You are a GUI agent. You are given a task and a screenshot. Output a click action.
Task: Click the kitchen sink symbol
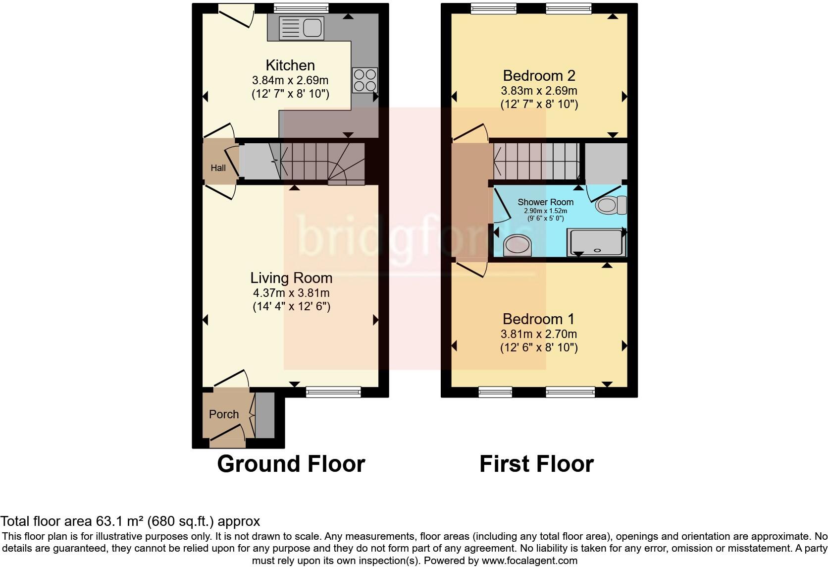pos(301,27)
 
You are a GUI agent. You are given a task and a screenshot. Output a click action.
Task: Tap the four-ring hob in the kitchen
pos(365,80)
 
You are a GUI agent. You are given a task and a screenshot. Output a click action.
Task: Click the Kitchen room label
pos(290,65)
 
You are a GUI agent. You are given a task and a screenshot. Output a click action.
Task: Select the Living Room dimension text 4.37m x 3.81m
pos(291,293)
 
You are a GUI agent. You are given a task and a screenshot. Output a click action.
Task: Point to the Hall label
pos(218,168)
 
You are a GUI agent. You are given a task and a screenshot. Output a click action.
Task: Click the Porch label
pos(224,414)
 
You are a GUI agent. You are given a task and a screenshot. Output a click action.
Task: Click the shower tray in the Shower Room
pos(596,242)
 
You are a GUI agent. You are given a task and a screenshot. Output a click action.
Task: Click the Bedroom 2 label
pos(539,76)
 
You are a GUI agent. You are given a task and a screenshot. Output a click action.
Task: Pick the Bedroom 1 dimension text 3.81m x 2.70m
pos(539,334)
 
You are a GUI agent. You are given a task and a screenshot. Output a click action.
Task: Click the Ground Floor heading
pos(291,464)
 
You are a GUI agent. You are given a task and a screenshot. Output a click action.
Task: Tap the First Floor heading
pos(536,464)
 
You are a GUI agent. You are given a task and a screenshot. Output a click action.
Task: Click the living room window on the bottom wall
pos(333,392)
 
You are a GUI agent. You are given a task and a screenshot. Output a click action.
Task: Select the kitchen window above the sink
pos(301,7)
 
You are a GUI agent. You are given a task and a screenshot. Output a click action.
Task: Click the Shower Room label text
pos(545,202)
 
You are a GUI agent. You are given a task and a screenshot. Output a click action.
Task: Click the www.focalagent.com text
pos(529,561)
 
